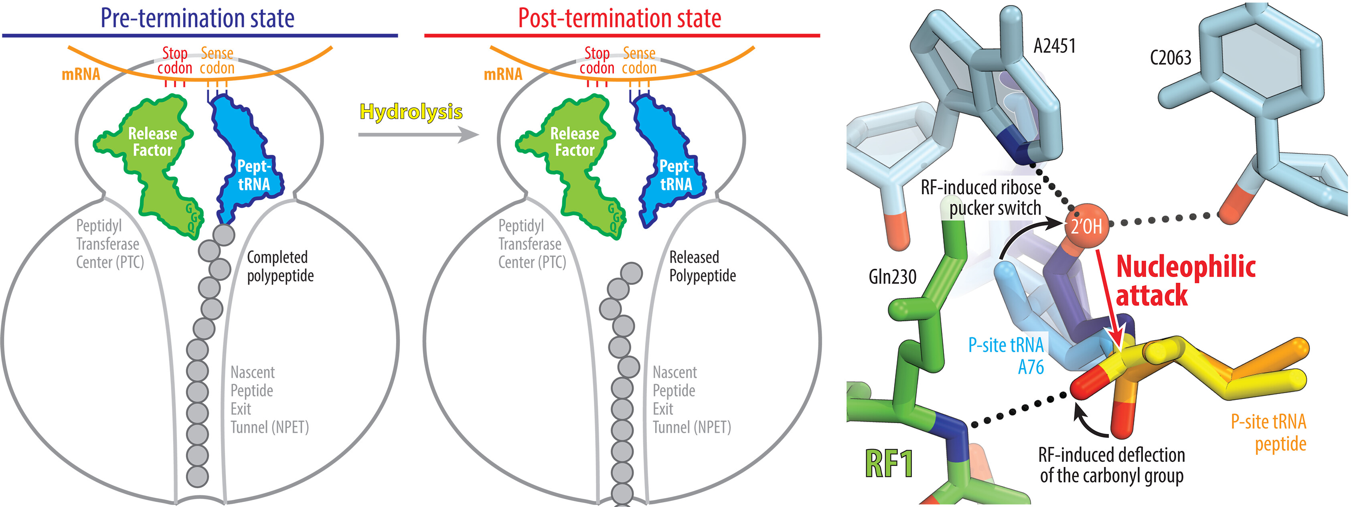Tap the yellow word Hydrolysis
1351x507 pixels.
[411, 112]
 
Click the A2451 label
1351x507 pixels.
[1054, 46]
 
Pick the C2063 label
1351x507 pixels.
[1170, 58]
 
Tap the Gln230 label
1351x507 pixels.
[892, 277]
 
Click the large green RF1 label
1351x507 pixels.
[889, 463]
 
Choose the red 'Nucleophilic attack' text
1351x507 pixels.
[1185, 281]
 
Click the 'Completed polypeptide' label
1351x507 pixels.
[280, 266]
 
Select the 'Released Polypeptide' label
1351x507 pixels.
[702, 266]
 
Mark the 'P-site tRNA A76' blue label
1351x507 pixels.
[1006, 355]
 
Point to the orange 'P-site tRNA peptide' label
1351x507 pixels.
[1268, 432]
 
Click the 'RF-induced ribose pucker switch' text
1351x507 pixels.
[981, 198]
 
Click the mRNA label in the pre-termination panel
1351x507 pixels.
[81, 74]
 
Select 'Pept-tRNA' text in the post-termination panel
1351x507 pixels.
[676, 175]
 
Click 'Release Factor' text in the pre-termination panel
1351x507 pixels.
[153, 142]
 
